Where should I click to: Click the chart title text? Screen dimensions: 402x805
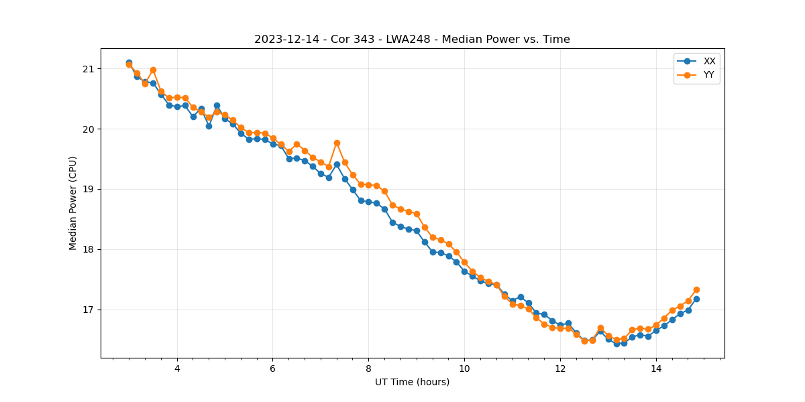point(412,40)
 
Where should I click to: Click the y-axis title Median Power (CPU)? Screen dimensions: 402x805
point(73,203)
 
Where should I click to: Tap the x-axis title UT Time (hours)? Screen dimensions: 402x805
point(412,382)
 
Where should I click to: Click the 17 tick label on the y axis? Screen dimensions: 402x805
point(89,310)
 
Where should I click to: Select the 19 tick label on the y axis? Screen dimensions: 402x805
point(89,190)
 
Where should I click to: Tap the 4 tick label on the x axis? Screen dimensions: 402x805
point(177,368)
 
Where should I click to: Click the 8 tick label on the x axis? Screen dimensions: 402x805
point(368,368)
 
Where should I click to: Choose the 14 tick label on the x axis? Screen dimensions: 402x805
point(656,368)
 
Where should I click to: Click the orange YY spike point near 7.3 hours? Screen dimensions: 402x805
point(337,143)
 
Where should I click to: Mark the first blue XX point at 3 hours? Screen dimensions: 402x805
point(129,62)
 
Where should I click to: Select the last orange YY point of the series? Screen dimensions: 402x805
point(696,289)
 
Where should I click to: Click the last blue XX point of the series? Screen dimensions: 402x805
point(696,299)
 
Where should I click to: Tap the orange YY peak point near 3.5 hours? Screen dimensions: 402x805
point(153,70)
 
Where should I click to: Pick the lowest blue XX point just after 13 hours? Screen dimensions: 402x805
point(616,344)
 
